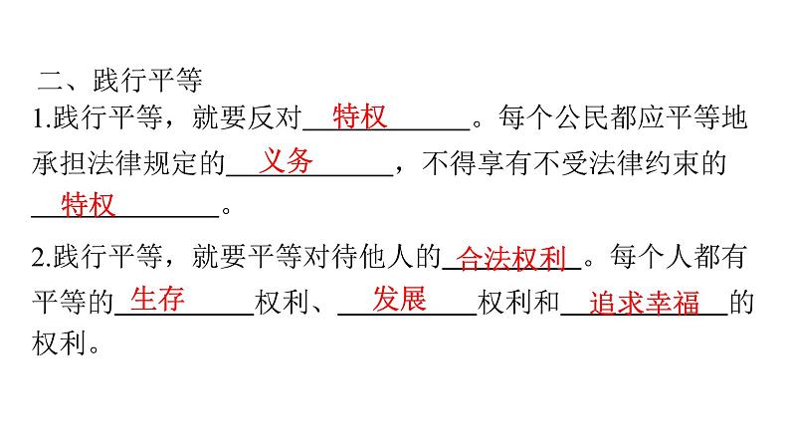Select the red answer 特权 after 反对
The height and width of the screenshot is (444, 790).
[358, 116]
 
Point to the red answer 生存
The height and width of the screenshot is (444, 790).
[158, 299]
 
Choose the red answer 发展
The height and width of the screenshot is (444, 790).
[400, 299]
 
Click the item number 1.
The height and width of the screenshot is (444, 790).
[38, 119]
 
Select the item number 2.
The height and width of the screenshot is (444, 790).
[38, 260]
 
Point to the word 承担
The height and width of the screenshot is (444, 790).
[59, 163]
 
